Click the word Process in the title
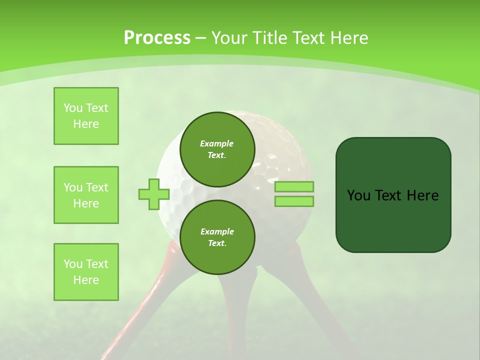(157, 38)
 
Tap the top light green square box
(86, 116)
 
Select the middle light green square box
(86, 195)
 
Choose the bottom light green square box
(86, 272)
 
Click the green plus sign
(153, 194)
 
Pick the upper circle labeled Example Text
(217, 149)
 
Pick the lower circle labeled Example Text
(217, 237)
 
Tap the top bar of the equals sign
(294, 187)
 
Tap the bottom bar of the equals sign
(294, 201)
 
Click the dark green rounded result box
(393, 220)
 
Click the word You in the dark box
(358, 195)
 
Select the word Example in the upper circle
(217, 143)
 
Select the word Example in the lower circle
(217, 231)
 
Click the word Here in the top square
(86, 124)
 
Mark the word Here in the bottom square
(86, 280)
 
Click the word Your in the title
(231, 38)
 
